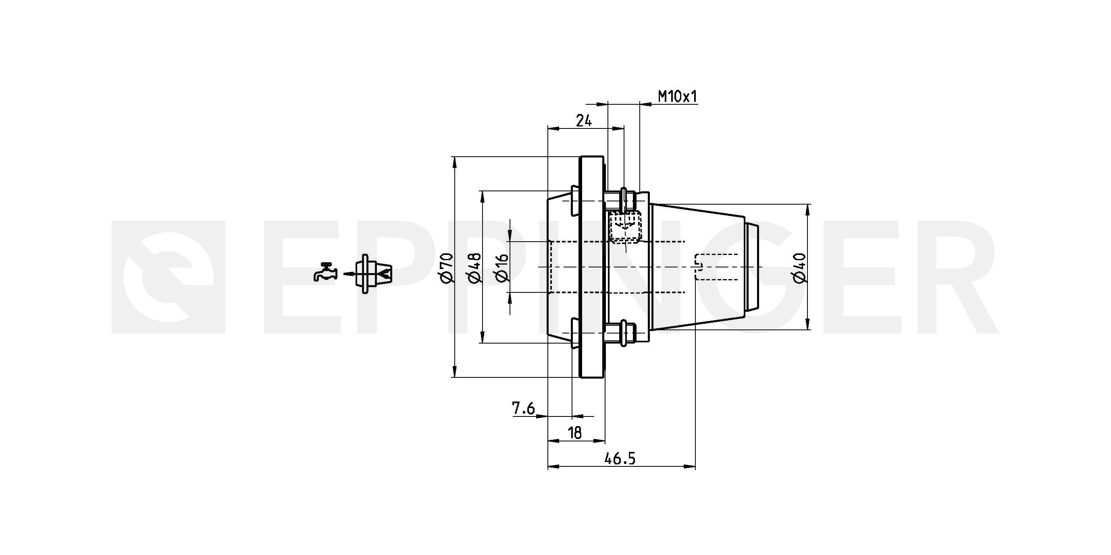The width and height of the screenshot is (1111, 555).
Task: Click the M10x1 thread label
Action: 677,97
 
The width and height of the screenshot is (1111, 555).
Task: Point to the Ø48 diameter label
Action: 474,267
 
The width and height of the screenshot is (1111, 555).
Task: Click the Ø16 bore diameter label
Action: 502,267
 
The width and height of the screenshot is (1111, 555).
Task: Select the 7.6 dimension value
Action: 523,408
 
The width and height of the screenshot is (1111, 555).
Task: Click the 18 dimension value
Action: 575,433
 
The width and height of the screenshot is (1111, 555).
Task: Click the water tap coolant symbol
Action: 325,272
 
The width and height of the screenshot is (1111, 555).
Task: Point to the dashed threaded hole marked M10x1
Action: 625,227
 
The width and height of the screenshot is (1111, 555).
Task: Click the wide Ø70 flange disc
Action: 591,267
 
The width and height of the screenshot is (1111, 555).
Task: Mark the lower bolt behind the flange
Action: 621,333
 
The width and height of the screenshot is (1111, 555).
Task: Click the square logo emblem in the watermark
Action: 168,277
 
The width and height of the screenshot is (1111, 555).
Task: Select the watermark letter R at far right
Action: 951,277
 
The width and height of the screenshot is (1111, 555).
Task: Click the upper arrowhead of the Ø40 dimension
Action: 808,209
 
